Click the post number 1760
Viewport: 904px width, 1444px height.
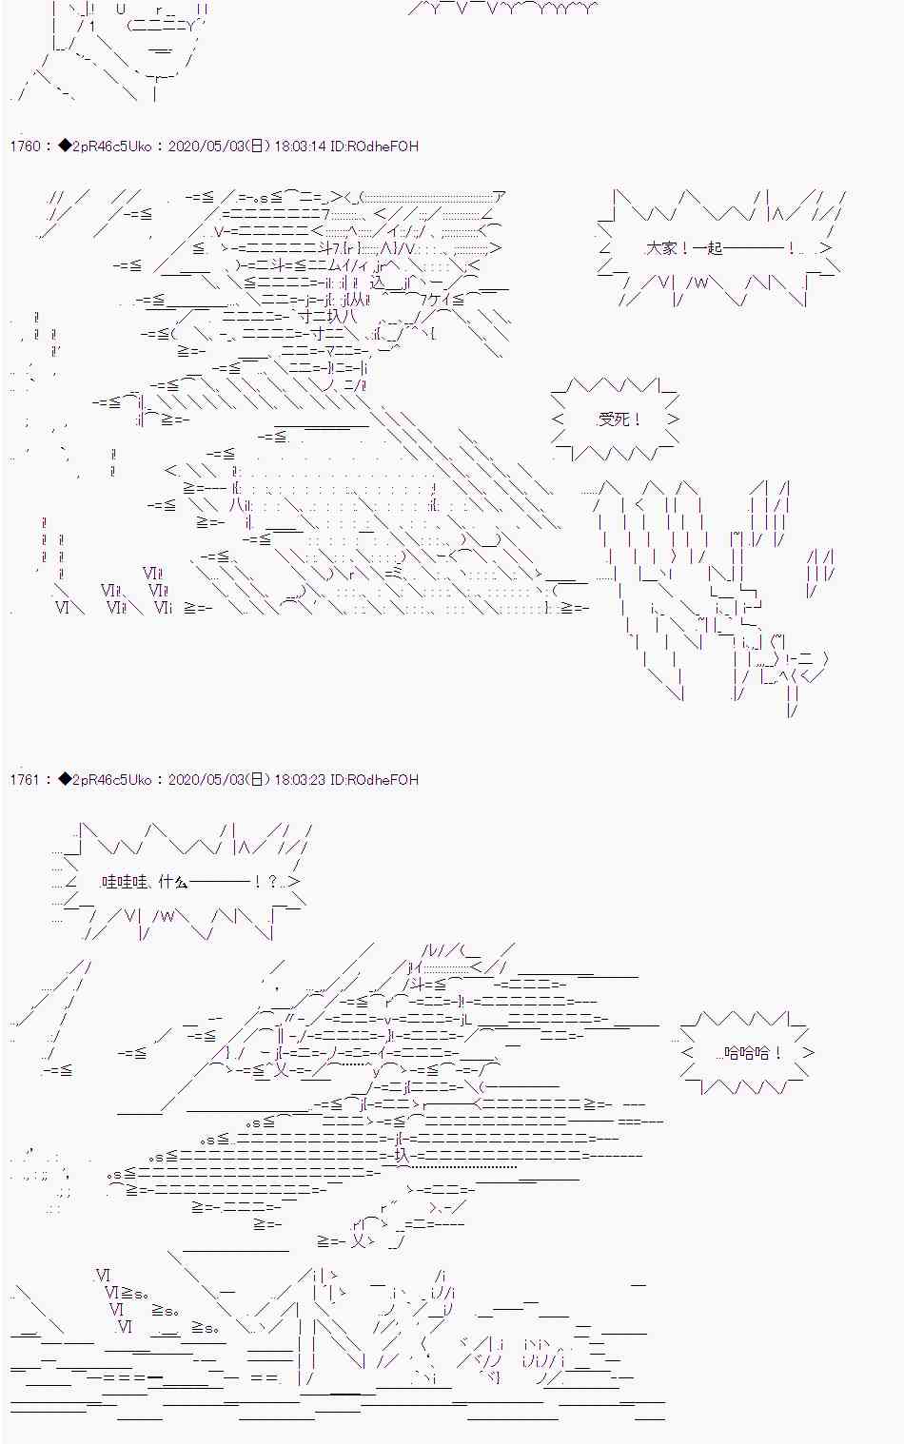(25, 146)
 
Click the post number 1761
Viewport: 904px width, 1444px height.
(25, 780)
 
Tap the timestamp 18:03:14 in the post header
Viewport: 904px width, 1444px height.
(300, 146)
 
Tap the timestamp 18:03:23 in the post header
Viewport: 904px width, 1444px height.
(300, 780)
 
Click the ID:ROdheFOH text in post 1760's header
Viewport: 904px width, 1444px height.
(374, 146)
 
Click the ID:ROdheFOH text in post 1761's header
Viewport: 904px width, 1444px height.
(374, 780)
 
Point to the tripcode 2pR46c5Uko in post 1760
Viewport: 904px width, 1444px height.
(111, 146)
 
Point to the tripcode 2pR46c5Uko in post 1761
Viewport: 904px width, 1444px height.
(111, 780)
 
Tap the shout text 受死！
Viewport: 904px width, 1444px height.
(619, 420)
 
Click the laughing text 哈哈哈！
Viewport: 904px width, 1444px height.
(753, 1053)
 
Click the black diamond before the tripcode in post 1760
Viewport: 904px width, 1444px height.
(65, 146)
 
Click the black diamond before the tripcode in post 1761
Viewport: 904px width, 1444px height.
(65, 780)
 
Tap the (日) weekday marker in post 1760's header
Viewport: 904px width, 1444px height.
(257, 146)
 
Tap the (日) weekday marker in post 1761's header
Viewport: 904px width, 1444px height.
(257, 780)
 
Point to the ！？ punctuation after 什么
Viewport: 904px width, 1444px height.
(265, 882)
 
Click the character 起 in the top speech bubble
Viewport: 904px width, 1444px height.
(715, 248)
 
